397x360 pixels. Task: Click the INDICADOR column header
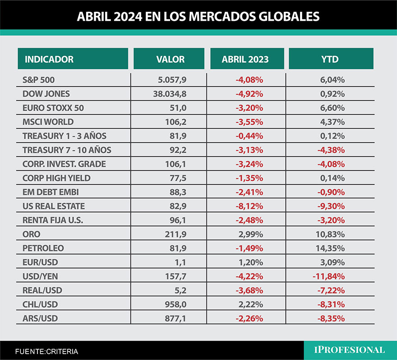pyautogui.click(x=49, y=59)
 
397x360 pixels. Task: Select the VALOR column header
pyautogui.click(x=170, y=59)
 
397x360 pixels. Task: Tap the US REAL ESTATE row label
pyautogui.click(x=54, y=206)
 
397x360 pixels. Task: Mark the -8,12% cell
pyautogui.click(x=249, y=206)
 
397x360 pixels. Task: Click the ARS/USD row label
pyautogui.click(x=40, y=318)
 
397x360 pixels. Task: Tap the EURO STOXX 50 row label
pyautogui.click(x=53, y=108)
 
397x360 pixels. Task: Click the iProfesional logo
pyautogui.click(x=350, y=350)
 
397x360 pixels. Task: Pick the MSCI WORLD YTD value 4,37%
pyautogui.click(x=333, y=122)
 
